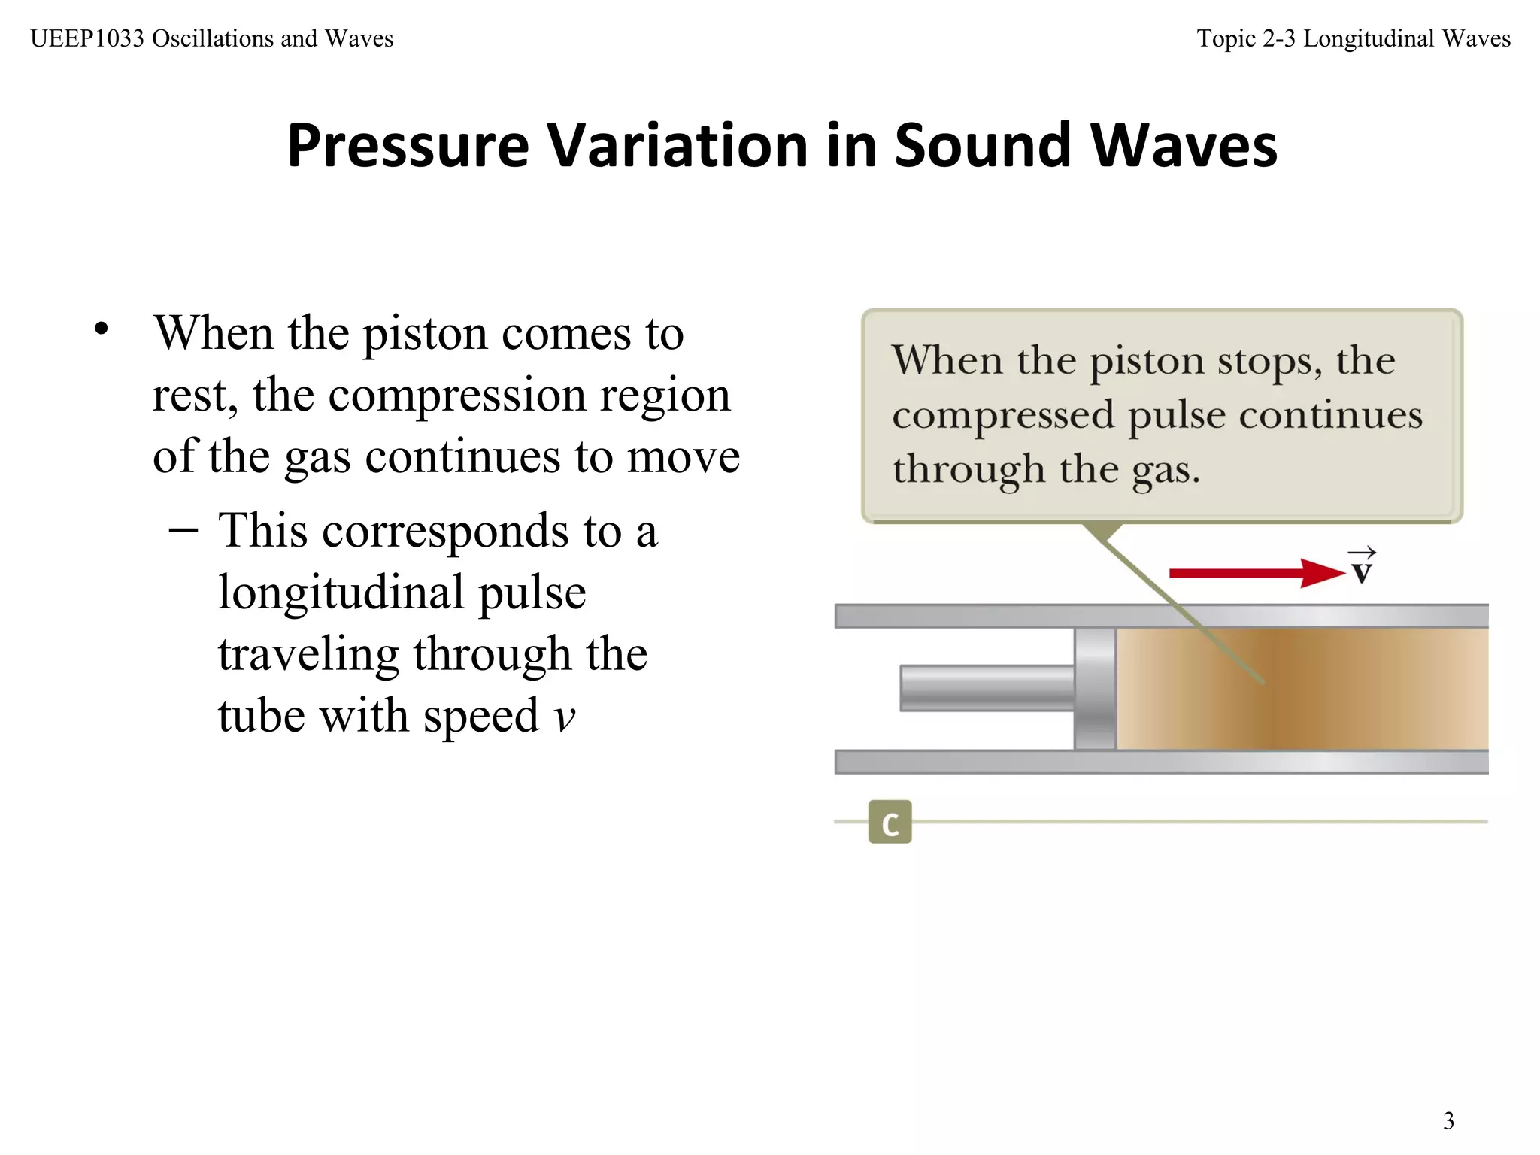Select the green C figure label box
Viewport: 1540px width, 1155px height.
(x=890, y=822)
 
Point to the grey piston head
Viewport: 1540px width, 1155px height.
(x=1095, y=688)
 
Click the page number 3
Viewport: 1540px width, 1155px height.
(x=1448, y=1121)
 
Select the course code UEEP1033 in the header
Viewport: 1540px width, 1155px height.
(x=87, y=38)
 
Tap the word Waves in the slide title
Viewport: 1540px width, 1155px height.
(x=1184, y=145)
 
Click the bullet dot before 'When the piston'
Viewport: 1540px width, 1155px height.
(x=102, y=329)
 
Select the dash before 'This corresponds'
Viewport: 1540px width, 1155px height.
(x=183, y=531)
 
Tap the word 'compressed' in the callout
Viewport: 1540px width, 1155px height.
(x=1003, y=415)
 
